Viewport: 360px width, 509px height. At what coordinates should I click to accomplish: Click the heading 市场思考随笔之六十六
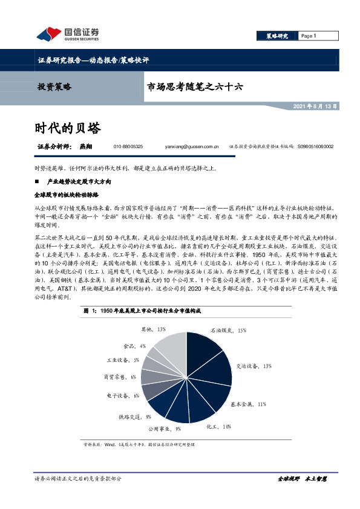(x=195, y=86)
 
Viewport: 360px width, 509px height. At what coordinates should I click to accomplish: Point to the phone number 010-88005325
(x=128, y=147)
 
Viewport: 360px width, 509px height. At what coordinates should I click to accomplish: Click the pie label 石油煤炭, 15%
(x=228, y=331)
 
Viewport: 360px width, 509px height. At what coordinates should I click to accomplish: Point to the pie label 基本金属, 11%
(x=249, y=403)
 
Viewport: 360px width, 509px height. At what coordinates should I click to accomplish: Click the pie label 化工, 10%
(x=218, y=427)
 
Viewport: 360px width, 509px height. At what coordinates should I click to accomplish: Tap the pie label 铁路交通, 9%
(x=131, y=417)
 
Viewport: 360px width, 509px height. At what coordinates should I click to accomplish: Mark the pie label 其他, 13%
(x=154, y=329)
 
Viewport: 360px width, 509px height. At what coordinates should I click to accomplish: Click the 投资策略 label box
(x=54, y=86)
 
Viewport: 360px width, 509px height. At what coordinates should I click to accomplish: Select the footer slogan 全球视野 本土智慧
(x=302, y=479)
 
